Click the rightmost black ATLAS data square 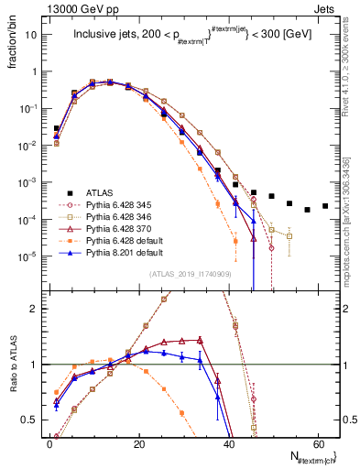(325, 206)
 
